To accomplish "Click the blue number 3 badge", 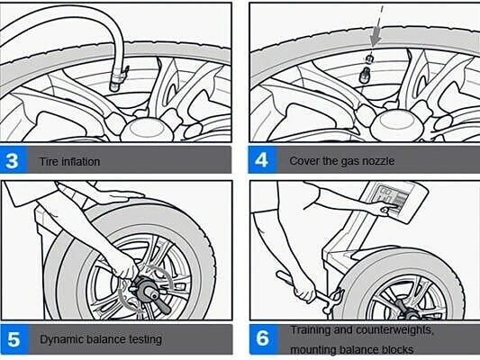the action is click(14, 160).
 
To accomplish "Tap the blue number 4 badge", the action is click(262, 159).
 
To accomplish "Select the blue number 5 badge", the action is click(14, 339).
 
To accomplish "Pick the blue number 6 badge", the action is click(264, 338).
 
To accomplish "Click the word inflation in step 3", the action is click(80, 161).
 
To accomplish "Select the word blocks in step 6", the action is click(397, 349).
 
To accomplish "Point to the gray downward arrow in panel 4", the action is click(376, 36).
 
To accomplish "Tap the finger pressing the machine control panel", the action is click(388, 209).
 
